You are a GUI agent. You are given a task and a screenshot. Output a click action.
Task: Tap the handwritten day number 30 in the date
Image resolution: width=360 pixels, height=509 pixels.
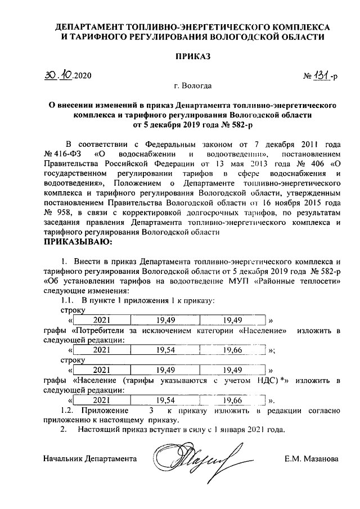52,75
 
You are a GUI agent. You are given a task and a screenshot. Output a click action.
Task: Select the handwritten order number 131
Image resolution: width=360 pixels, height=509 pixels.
321,75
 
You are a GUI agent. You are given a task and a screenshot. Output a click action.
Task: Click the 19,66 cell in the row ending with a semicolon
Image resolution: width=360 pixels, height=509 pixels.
232,350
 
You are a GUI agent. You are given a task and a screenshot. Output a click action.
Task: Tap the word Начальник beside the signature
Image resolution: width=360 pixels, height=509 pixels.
63,459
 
